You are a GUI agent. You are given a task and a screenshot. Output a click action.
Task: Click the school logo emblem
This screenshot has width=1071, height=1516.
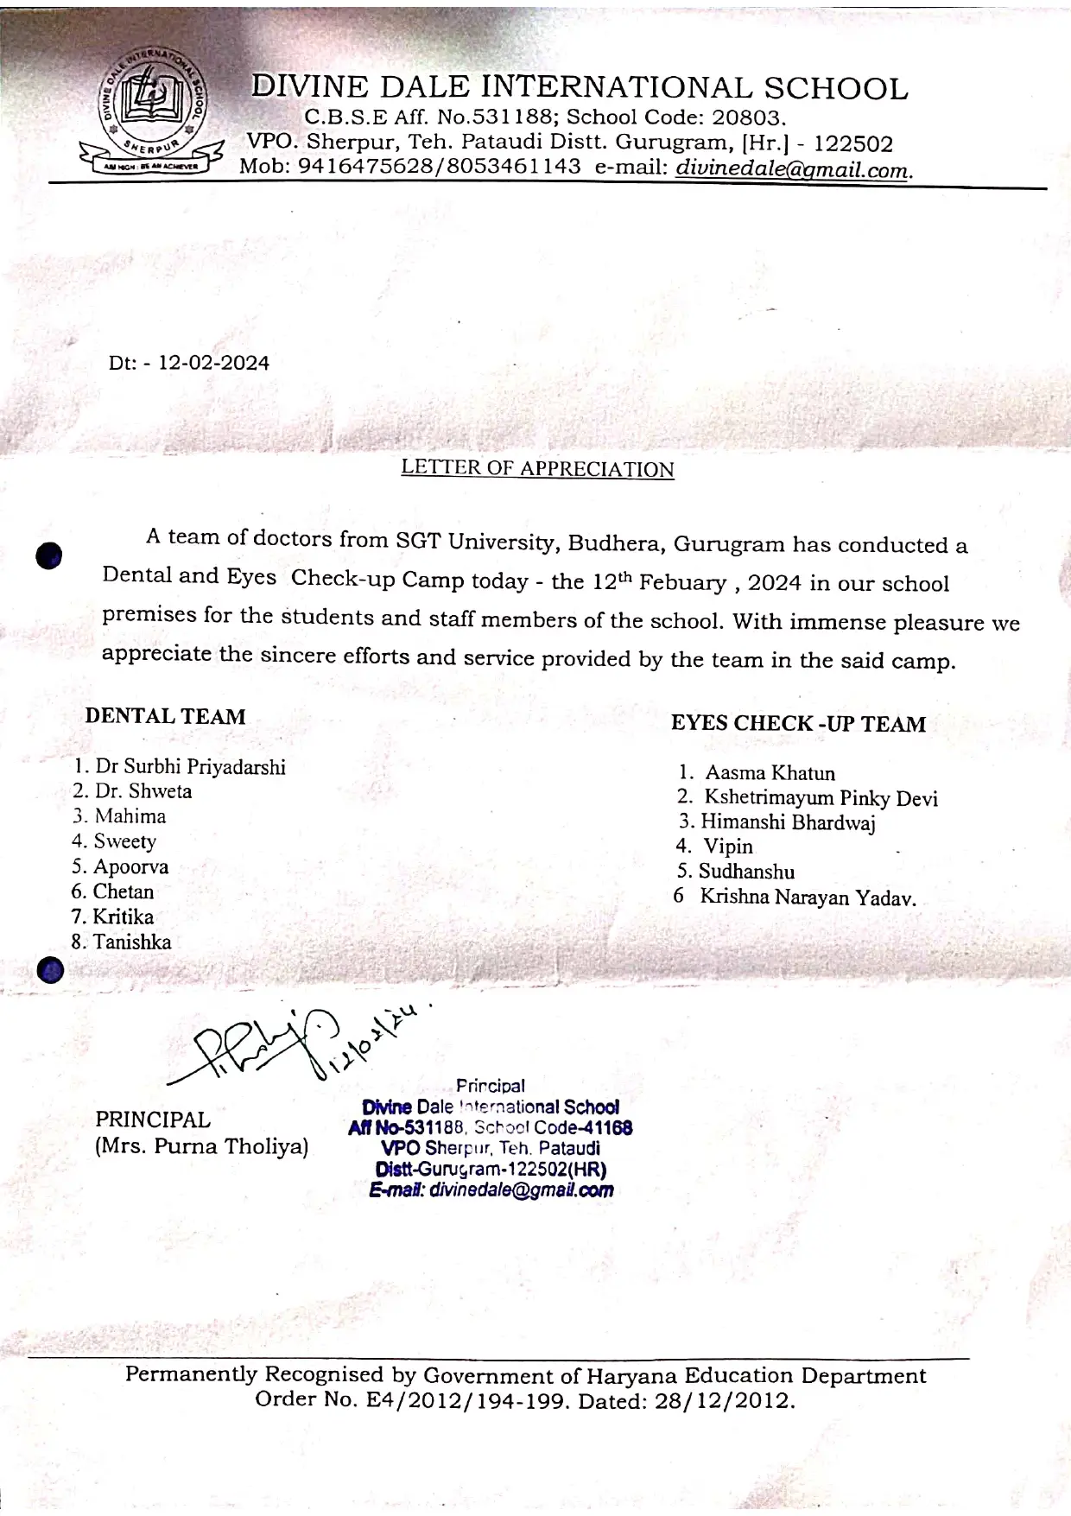tap(152, 111)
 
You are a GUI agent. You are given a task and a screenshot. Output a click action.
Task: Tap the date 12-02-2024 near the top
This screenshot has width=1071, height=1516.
tap(214, 363)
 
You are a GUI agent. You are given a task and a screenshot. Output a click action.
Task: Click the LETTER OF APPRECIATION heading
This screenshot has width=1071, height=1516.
tap(537, 468)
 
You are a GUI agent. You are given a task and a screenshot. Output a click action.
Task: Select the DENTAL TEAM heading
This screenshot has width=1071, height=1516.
tap(165, 716)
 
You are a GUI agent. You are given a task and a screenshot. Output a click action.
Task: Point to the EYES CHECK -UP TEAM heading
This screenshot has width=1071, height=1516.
tap(798, 724)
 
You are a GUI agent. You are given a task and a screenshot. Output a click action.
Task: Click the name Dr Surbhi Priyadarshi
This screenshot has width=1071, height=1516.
tap(190, 767)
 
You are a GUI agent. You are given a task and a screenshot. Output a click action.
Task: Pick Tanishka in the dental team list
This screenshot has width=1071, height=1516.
tap(132, 942)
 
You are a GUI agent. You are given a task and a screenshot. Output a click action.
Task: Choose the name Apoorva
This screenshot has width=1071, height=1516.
tap(130, 866)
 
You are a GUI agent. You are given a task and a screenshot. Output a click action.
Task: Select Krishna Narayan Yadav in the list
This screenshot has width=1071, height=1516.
tap(808, 898)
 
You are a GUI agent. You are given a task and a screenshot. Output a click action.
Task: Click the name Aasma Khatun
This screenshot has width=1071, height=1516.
tap(770, 773)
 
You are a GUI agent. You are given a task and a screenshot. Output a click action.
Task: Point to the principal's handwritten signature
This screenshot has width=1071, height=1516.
tap(259, 1045)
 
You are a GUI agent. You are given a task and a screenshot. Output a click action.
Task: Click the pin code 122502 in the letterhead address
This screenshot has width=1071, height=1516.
tap(853, 143)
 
